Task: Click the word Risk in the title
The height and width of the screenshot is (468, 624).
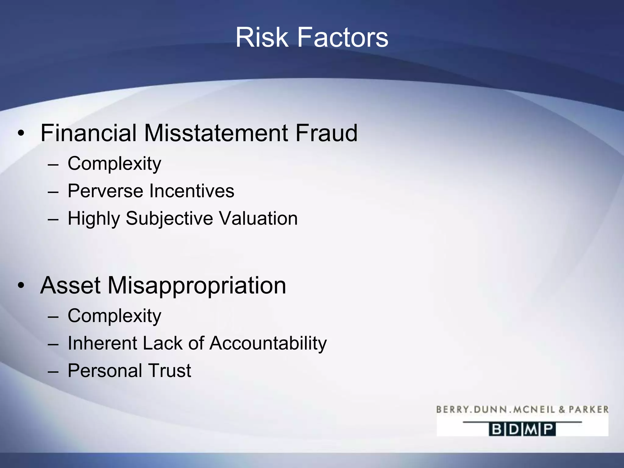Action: point(262,37)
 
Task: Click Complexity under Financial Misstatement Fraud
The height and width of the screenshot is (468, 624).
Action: point(114,164)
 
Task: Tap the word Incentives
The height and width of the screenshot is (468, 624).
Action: point(192,191)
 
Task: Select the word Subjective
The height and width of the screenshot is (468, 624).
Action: point(169,219)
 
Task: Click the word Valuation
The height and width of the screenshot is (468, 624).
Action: point(258,219)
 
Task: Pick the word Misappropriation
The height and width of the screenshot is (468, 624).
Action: point(197,285)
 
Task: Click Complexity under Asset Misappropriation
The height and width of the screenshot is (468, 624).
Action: point(114,316)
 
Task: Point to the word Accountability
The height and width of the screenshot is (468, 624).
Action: point(268,343)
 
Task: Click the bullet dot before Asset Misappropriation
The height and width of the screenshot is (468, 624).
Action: point(21,286)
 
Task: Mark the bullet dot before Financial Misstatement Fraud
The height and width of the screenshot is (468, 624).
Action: point(21,133)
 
